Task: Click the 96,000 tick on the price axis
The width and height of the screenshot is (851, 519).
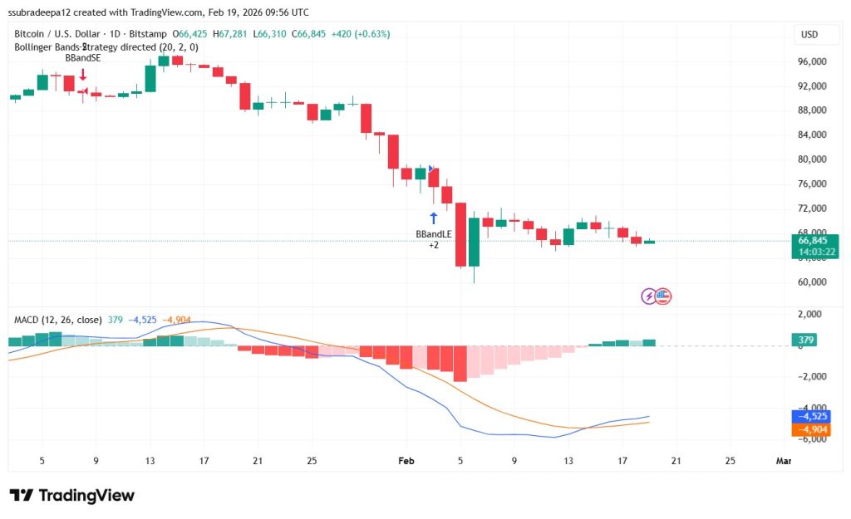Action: point(812,61)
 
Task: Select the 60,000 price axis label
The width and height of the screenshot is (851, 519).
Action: point(812,282)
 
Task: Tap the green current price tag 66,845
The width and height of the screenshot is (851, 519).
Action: point(814,241)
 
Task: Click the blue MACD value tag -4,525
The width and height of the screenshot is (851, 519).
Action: point(814,416)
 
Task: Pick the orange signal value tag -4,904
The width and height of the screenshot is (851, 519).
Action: point(814,429)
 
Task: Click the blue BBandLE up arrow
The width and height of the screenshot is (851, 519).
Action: point(433,218)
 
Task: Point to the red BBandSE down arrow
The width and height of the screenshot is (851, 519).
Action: point(83,75)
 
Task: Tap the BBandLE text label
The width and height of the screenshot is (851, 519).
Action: point(433,234)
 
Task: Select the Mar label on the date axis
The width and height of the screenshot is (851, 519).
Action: point(782,460)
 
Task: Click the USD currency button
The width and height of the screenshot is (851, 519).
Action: point(809,34)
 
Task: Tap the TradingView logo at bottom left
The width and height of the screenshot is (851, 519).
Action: point(71,496)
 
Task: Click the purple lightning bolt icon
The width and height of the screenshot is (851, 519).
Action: point(649,296)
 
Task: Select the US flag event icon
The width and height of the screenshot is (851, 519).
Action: point(662,296)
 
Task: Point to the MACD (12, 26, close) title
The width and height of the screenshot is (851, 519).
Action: point(57,320)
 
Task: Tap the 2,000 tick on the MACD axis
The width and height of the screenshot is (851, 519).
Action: point(812,315)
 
